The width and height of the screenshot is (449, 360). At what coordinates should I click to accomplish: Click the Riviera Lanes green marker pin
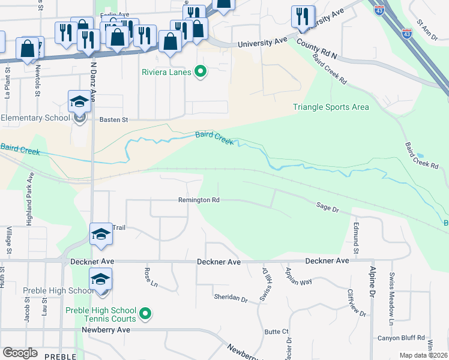200,73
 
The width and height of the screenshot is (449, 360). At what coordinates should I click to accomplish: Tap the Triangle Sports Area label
331,107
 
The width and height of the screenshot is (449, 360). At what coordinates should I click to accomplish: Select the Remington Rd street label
199,200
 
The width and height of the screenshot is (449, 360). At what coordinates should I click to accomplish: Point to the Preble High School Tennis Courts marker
145,313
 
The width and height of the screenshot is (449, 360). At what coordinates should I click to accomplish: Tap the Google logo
20,353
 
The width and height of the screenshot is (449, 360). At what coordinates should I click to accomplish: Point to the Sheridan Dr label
231,298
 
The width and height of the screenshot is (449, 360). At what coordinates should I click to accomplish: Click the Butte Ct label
277,331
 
